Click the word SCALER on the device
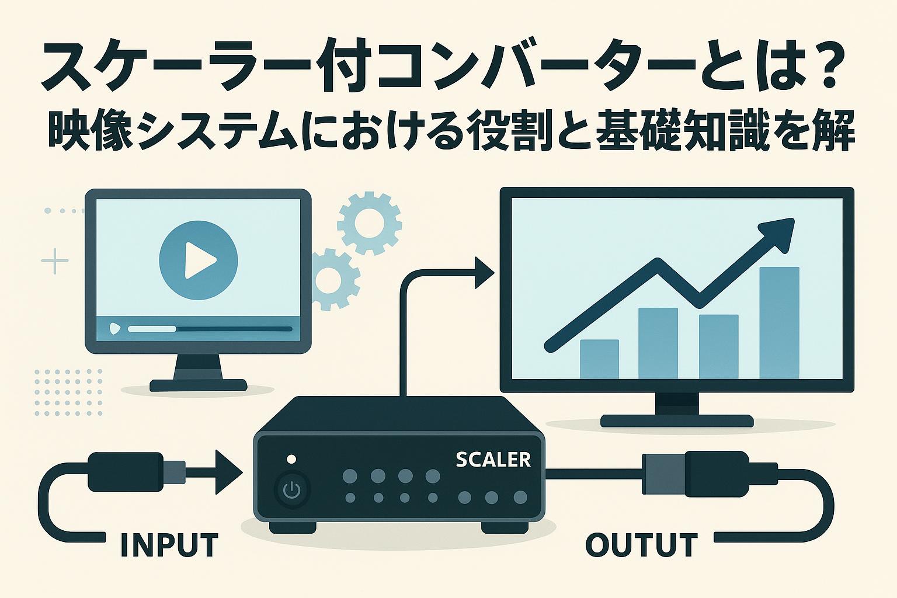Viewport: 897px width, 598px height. tap(493, 460)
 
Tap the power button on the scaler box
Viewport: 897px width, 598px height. tap(291, 490)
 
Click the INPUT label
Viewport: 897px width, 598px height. tap(169, 544)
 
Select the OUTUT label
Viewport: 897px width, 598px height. tap(641, 544)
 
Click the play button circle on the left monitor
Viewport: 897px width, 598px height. tap(199, 259)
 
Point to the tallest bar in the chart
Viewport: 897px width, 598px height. tap(779, 322)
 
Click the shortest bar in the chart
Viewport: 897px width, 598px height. tap(599, 359)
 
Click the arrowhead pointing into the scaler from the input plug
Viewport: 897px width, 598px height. tap(229, 472)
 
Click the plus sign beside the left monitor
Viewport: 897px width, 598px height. tap(55, 261)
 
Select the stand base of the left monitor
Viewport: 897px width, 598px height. tap(198, 385)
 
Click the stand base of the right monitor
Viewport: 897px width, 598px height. tap(677, 420)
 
